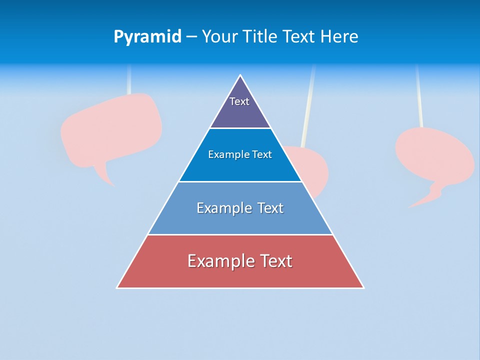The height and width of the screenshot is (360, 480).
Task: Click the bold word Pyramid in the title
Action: pos(147,37)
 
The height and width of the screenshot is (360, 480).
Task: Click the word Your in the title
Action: pos(220,37)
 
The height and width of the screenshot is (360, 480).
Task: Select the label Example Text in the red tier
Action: pos(240,261)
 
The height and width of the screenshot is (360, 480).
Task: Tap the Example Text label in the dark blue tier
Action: pos(240,154)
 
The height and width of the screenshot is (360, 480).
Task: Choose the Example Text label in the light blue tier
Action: pos(240,208)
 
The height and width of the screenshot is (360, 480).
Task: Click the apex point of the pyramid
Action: pos(240,75)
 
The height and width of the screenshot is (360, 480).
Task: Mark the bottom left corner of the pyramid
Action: pos(117,287)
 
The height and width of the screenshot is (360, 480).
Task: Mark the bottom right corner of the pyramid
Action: pos(363,287)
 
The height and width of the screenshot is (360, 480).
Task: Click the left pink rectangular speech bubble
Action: pos(111,128)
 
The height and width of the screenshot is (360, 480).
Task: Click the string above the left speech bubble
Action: pos(129,80)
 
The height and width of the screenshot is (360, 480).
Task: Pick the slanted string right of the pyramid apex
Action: pos(308,105)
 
